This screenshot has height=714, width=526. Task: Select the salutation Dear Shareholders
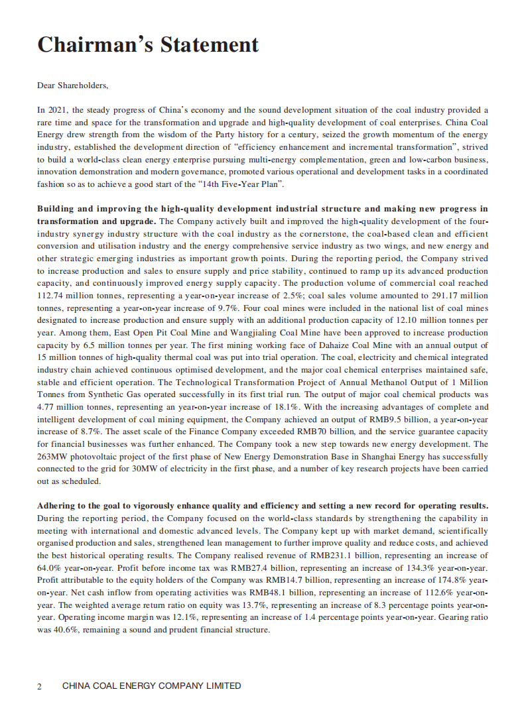coord(72,86)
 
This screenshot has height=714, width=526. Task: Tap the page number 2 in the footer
coord(40,686)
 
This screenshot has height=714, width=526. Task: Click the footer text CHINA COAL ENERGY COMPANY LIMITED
coord(151,686)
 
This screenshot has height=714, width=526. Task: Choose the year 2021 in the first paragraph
coord(59,109)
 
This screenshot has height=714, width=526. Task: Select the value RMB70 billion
coord(316,433)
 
